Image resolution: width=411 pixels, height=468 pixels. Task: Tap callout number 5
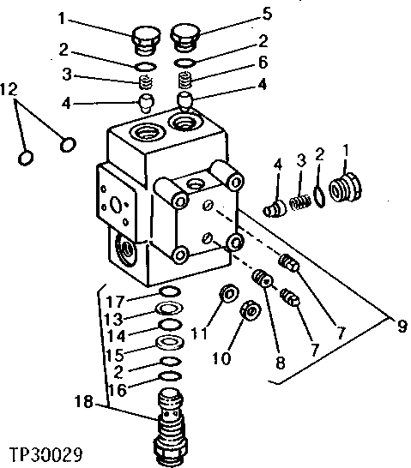267,15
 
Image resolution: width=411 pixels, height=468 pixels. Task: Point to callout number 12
9,90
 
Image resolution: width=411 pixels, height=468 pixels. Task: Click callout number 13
114,318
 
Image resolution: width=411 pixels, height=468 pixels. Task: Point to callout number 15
114,353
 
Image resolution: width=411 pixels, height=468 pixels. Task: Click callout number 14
114,335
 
